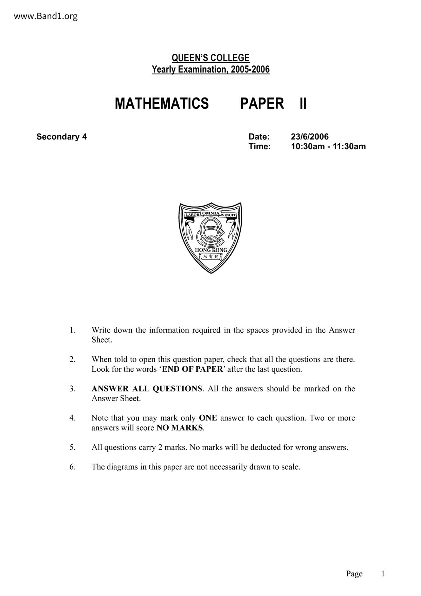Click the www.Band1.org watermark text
pyautogui.click(x=45, y=16)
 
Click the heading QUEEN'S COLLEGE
pyautogui.click(x=210, y=58)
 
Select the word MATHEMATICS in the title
pyautogui.click(x=162, y=103)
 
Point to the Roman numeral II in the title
pyautogui.click(x=303, y=103)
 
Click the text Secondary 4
pyautogui.click(x=61, y=137)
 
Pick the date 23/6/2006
pyautogui.click(x=310, y=137)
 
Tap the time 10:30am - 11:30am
pyautogui.click(x=328, y=146)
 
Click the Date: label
pyautogui.click(x=259, y=137)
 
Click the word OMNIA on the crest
pyautogui.click(x=211, y=213)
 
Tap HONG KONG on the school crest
pyautogui.click(x=211, y=250)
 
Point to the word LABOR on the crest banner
pyautogui.click(x=192, y=215)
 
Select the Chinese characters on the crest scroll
pyautogui.click(x=211, y=257)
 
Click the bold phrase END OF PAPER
pyautogui.click(x=192, y=369)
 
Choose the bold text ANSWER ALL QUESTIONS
pyautogui.click(x=147, y=389)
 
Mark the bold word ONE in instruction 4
pyautogui.click(x=208, y=418)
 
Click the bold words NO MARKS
pyautogui.click(x=180, y=428)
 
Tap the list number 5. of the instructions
pyautogui.click(x=73, y=447)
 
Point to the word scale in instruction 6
pyautogui.click(x=290, y=467)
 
